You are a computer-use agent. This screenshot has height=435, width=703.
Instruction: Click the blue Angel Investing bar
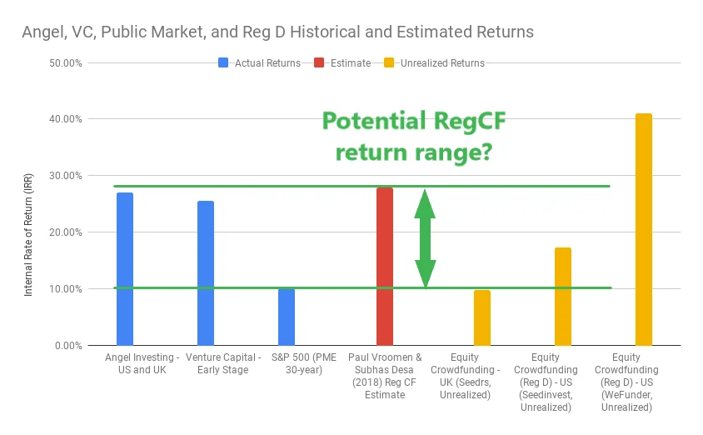click(125, 269)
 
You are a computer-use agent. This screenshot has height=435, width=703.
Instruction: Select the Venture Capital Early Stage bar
click(206, 273)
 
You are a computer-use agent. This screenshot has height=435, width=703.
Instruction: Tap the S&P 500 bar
click(287, 317)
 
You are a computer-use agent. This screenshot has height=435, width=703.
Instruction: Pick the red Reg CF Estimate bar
click(385, 267)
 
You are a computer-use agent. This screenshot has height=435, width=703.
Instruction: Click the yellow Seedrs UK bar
click(482, 318)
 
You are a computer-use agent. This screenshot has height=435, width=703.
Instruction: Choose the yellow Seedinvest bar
click(563, 297)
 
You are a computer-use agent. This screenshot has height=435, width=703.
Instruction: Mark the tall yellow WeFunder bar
click(643, 230)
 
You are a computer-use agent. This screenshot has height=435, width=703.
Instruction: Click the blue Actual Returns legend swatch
click(223, 62)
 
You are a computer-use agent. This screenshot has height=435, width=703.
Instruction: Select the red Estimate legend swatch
click(319, 62)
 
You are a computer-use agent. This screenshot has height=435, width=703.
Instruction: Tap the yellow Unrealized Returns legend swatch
click(389, 62)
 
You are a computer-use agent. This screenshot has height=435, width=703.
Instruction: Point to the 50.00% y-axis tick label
click(66, 63)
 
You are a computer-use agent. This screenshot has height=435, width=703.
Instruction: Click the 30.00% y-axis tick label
click(66, 176)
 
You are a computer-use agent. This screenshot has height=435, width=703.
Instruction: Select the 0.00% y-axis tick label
click(68, 346)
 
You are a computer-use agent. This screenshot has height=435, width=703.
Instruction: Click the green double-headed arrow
click(425, 238)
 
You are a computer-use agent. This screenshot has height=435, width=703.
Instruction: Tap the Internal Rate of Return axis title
click(28, 235)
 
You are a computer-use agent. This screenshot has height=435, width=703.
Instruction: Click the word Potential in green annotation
click(374, 121)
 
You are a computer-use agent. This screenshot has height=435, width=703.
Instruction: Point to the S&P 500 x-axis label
click(304, 363)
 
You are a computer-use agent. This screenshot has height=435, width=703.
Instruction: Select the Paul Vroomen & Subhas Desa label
click(385, 363)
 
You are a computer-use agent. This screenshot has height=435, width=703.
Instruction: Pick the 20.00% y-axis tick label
click(66, 232)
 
